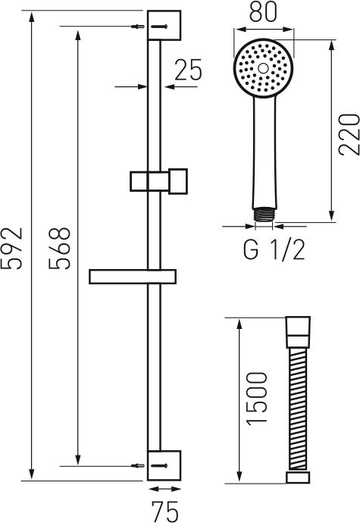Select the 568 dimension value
pyautogui.click(x=59, y=248)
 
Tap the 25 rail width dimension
pyautogui.click(x=188, y=70)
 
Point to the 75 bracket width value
pyautogui.click(x=164, y=511)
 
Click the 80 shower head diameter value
pyautogui.click(x=264, y=11)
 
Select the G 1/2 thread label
pyautogui.click(x=274, y=250)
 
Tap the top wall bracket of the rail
pyautogui.click(x=164, y=25)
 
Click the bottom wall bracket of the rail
pyautogui.click(x=164, y=465)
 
